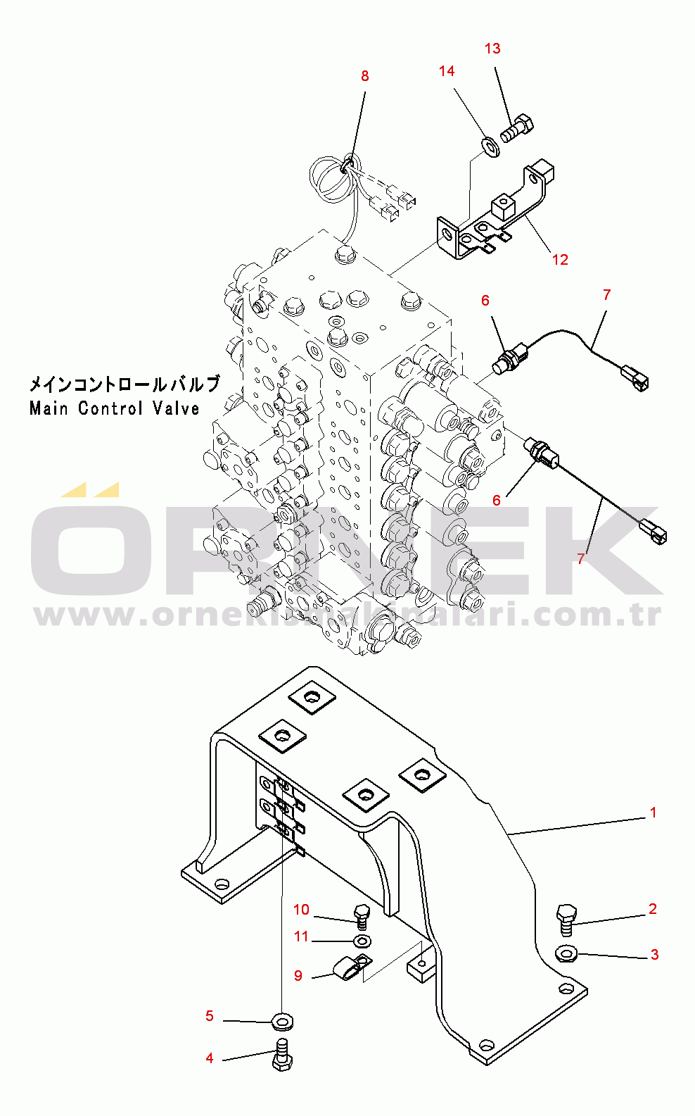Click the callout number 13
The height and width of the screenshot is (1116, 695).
click(492, 49)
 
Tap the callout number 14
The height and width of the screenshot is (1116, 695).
click(447, 71)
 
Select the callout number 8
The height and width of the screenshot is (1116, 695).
click(364, 76)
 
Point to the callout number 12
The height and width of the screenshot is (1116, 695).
click(560, 260)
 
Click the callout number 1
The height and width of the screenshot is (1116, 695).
click(653, 813)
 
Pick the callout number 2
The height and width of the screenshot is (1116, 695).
click(653, 909)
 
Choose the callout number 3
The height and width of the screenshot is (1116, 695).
click(654, 955)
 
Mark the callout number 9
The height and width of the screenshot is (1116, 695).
click(298, 976)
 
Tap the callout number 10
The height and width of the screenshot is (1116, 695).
click(301, 910)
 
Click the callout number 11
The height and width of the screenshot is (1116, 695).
click(301, 936)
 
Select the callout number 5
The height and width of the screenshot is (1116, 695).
click(210, 1016)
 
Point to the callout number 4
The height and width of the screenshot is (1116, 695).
click(210, 1058)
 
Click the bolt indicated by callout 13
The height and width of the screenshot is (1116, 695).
click(517, 128)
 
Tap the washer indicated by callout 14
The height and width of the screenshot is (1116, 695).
click(490, 147)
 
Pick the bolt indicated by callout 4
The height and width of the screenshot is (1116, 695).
click(282, 1055)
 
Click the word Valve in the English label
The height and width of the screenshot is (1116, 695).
click(175, 408)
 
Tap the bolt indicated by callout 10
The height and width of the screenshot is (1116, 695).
click(362, 915)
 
